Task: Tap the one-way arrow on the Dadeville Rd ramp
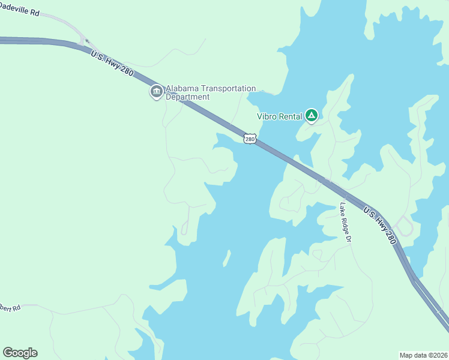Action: click(88, 42)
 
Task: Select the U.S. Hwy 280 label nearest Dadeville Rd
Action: click(112, 64)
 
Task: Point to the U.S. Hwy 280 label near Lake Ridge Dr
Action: click(380, 224)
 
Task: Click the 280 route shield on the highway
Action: click(250, 139)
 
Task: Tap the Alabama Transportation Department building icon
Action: click(156, 92)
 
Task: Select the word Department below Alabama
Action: click(187, 97)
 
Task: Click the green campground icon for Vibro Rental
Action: click(311, 115)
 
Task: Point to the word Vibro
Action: click(267, 116)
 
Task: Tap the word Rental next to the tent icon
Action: click(290, 116)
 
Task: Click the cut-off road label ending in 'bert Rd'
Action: click(10, 307)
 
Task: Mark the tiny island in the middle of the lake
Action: click(227, 258)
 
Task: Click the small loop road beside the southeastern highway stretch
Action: click(405, 226)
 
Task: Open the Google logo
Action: click(20, 353)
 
